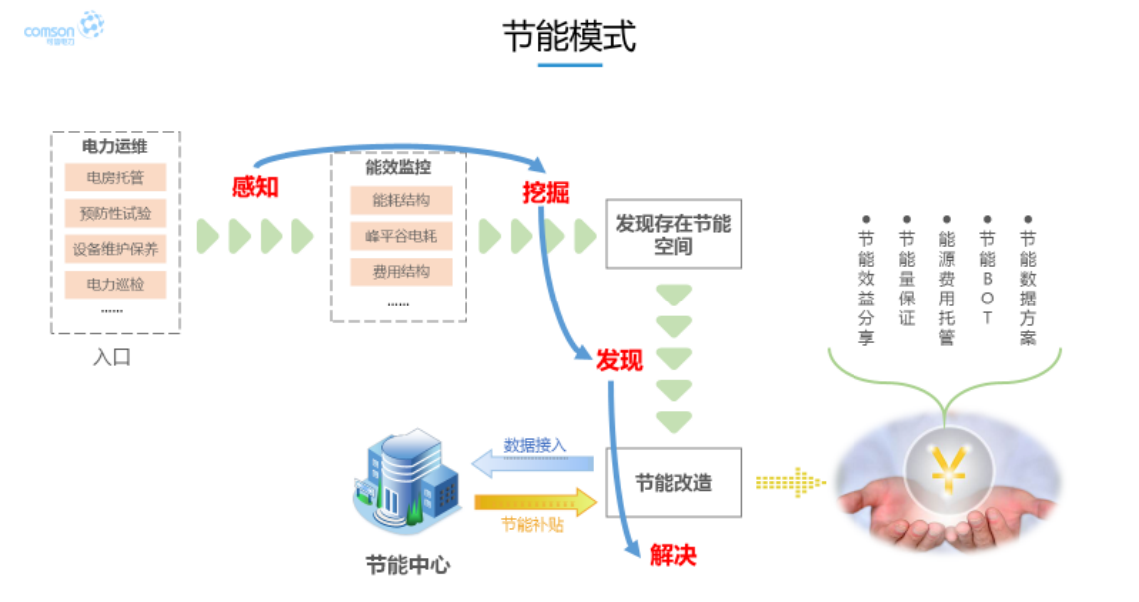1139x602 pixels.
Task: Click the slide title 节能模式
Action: pos(569,37)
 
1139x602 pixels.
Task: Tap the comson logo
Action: pos(63,29)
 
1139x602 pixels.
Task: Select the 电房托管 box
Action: pos(115,178)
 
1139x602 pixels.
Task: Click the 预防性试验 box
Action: pos(115,213)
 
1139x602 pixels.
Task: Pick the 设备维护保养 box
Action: pos(115,249)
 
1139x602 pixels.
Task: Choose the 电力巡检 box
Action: pos(115,285)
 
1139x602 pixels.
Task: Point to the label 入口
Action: pos(112,357)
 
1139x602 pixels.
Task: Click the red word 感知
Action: pos(255,186)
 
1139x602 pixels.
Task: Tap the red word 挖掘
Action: pos(545,193)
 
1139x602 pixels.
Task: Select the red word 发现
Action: pos(619,360)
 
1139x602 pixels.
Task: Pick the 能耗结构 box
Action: pos(400,200)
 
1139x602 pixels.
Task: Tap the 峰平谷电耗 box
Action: pos(400,236)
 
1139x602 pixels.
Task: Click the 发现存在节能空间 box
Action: pos(673,234)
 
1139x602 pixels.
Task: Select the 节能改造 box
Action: pos(673,482)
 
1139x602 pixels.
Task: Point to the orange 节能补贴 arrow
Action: pos(533,502)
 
